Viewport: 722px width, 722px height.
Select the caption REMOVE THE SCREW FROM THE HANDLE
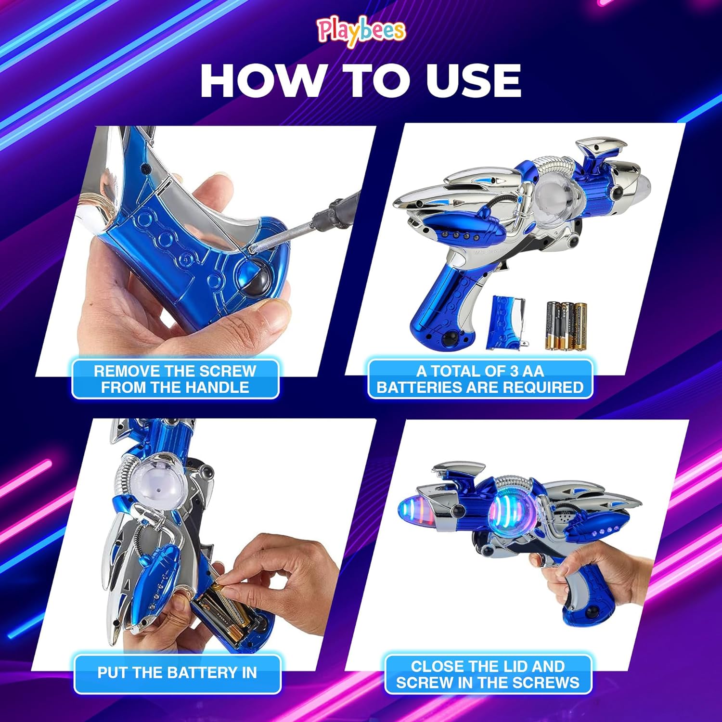click(175, 379)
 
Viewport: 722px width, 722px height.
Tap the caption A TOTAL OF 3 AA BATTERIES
click(480, 379)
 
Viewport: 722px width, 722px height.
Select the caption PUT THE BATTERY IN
click(177, 673)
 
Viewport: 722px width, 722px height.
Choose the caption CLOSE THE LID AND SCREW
click(488, 674)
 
